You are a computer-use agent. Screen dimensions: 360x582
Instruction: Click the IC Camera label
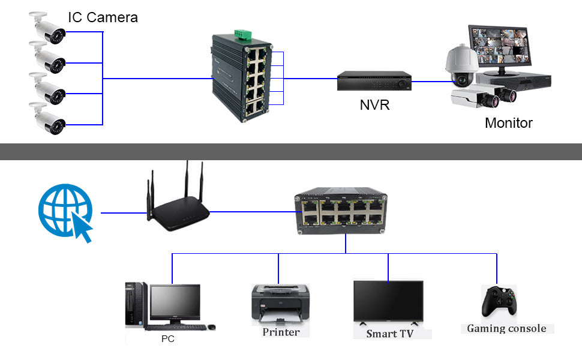pyautogui.click(x=103, y=17)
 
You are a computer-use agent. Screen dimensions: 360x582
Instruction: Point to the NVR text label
pyautogui.click(x=374, y=105)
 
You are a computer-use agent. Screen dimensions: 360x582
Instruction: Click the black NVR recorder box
pyautogui.click(x=374, y=81)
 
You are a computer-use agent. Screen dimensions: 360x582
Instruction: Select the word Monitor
pyautogui.click(x=508, y=124)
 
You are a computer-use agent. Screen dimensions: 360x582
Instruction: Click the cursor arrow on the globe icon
pyautogui.click(x=82, y=230)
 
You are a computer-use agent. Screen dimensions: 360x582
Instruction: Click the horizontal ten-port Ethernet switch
pyautogui.click(x=341, y=211)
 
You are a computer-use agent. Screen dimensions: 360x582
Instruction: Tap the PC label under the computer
pyautogui.click(x=168, y=339)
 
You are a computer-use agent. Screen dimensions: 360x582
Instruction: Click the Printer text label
pyautogui.click(x=281, y=332)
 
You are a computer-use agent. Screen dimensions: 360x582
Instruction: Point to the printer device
pyautogui.click(x=280, y=303)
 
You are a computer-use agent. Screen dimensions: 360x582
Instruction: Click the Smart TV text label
pyautogui.click(x=389, y=334)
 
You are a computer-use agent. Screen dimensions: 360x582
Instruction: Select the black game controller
pyautogui.click(x=497, y=301)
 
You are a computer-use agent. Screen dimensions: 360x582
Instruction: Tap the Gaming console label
pyautogui.click(x=506, y=329)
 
